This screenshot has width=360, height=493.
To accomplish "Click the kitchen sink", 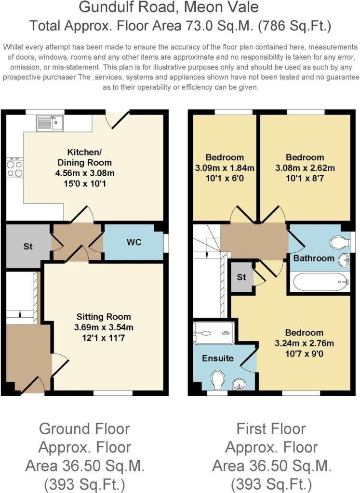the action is (x=50, y=123).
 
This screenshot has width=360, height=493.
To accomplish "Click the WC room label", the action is (x=134, y=242).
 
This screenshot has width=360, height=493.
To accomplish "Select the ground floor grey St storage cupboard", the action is (x=28, y=246).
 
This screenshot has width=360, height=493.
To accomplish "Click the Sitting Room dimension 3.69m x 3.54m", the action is (x=104, y=327).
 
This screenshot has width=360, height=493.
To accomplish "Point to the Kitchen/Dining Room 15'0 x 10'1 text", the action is (x=85, y=183).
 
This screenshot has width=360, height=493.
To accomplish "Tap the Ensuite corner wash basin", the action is (x=239, y=385).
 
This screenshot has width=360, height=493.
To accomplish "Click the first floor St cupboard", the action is (x=241, y=277).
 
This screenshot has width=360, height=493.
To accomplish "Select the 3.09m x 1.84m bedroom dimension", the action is (x=225, y=168).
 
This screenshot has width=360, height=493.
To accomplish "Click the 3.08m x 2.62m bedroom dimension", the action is (x=305, y=168).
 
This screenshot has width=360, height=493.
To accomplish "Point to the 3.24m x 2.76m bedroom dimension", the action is (x=304, y=343).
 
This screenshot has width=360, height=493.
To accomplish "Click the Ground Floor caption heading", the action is (x=84, y=429).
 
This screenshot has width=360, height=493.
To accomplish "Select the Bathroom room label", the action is (x=314, y=258).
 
